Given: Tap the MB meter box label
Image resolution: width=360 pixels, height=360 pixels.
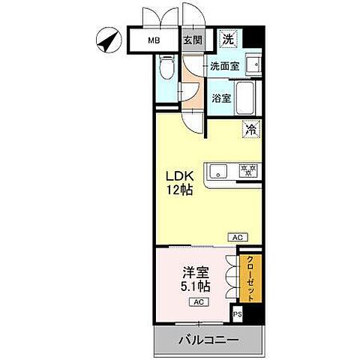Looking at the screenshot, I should (x=153, y=40).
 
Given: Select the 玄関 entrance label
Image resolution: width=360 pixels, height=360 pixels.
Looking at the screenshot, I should (x=191, y=40).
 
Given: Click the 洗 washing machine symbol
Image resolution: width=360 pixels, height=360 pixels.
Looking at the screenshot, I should (x=227, y=37).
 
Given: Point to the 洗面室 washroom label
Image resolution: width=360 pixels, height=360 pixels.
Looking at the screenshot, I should (x=224, y=66).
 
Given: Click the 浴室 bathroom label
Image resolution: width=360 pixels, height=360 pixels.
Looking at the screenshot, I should (x=220, y=97).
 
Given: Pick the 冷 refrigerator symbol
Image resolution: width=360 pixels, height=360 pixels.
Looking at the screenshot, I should (x=249, y=129).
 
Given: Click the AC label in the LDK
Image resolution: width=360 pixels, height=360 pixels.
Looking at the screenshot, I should (x=237, y=237).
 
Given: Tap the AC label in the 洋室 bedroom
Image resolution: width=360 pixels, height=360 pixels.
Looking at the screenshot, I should (x=199, y=302).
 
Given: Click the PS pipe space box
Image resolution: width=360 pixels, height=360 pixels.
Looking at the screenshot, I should (x=238, y=315).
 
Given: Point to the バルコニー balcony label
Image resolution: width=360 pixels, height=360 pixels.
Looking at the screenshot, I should (x=208, y=340).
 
